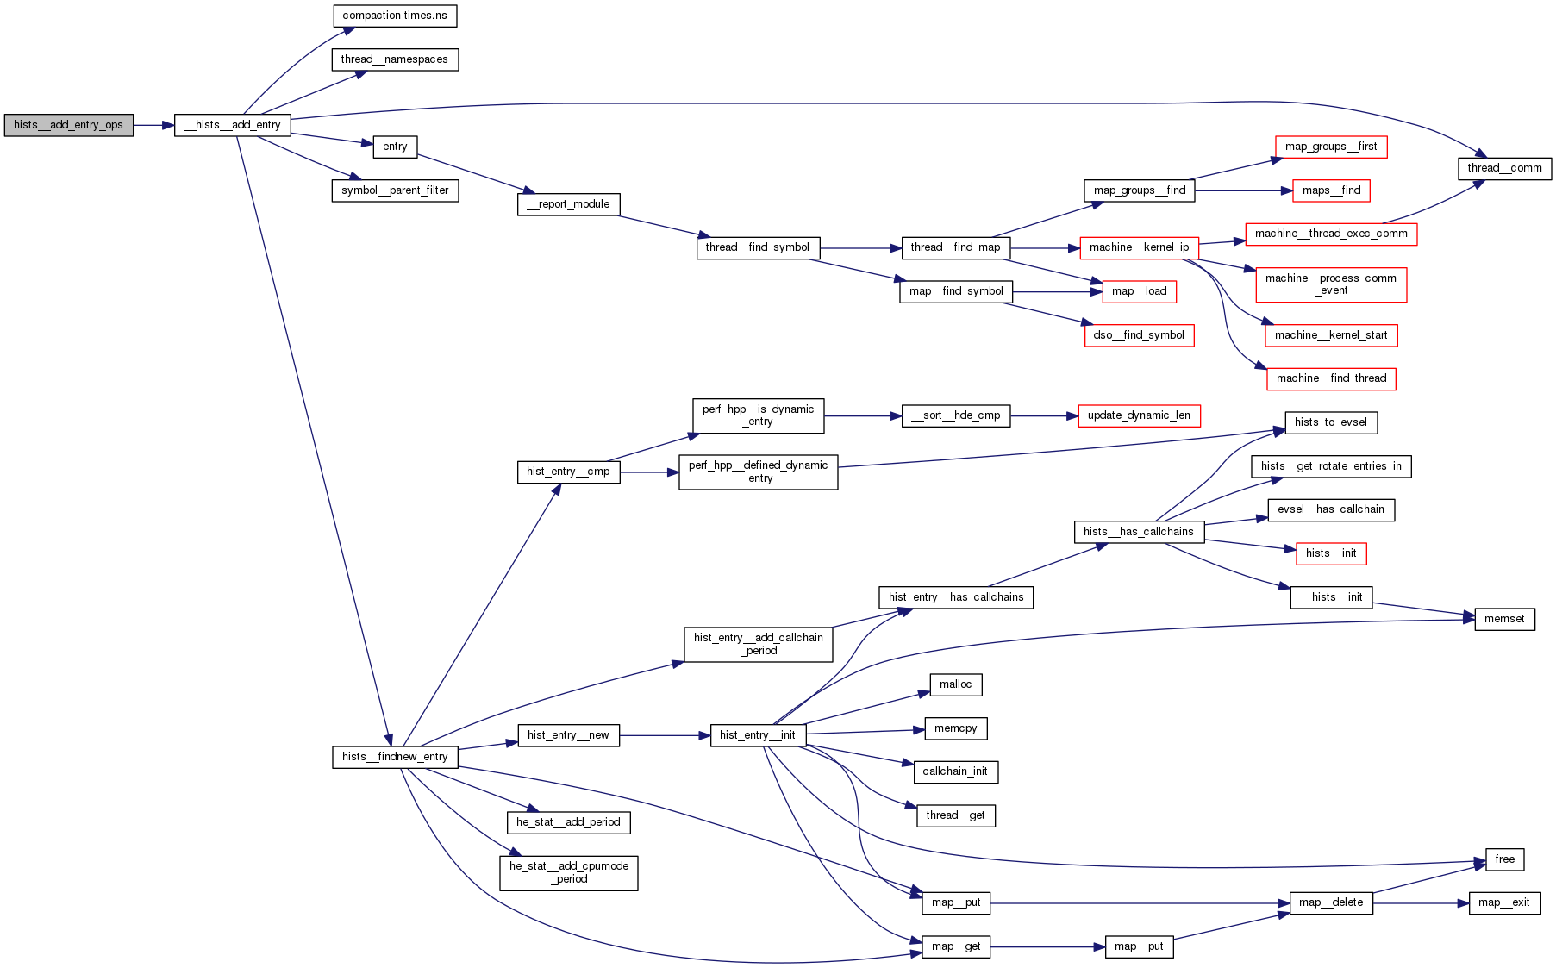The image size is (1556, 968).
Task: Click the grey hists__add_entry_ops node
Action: click(68, 125)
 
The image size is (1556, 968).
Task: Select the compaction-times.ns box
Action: click(395, 16)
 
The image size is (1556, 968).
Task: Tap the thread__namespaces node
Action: click(395, 59)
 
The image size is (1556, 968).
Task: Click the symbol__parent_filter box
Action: click(395, 190)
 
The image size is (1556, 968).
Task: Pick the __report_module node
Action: click(568, 204)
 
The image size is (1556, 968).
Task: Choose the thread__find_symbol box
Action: click(757, 247)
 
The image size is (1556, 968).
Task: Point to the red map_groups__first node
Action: click(1331, 147)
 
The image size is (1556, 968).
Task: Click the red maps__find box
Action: click(1331, 190)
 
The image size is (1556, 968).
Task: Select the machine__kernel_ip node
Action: click(1139, 247)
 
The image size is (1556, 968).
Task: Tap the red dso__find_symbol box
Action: click(1139, 335)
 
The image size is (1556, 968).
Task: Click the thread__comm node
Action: click(1504, 168)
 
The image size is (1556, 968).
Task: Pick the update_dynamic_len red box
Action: click(1139, 415)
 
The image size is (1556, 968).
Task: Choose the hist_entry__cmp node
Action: click(568, 472)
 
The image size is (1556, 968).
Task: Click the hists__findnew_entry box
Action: click(395, 757)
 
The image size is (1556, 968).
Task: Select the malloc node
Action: click(955, 684)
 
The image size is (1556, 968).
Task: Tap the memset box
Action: click(1504, 619)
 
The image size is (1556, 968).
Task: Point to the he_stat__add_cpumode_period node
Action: click(568, 872)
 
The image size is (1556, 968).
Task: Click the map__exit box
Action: click(1504, 902)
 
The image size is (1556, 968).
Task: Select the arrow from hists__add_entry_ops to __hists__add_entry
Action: click(153, 125)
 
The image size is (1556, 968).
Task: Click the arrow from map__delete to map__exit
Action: click(1421, 902)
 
